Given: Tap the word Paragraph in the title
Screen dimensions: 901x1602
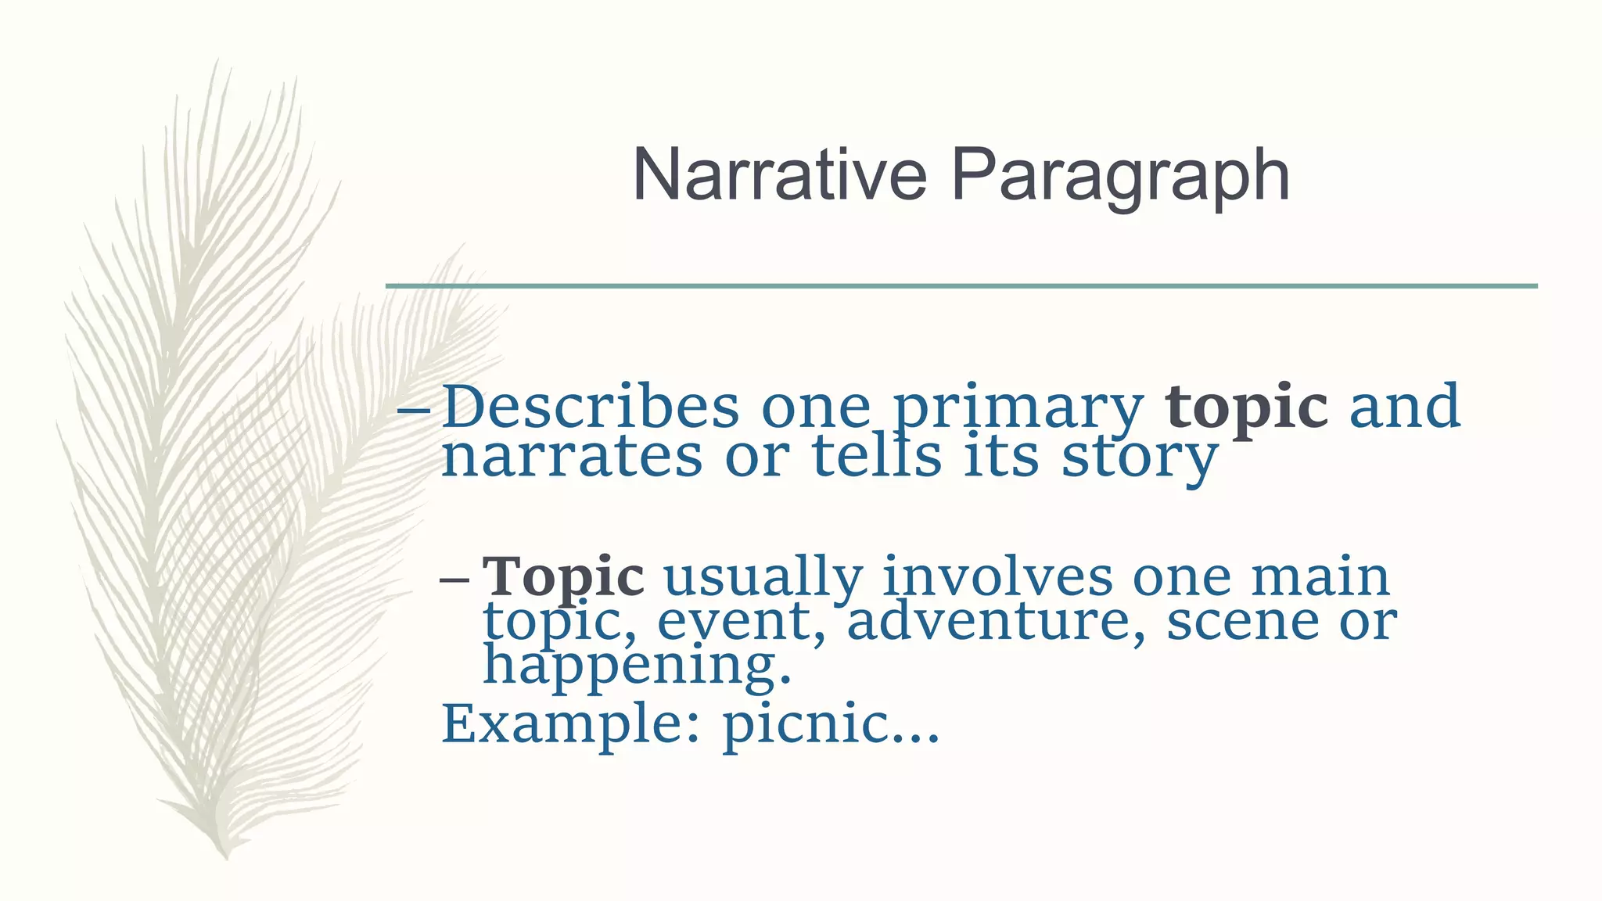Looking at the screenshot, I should point(1119,178).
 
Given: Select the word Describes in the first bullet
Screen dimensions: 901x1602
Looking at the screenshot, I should point(591,407).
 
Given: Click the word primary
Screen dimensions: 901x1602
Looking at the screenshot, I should point(1018,409).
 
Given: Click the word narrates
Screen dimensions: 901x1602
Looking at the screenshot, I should point(572,457).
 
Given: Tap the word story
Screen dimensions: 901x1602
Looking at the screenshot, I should point(1140,458).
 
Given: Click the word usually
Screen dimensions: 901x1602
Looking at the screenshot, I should point(763,579).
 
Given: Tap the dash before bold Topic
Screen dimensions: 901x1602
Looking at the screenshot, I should point(454,580).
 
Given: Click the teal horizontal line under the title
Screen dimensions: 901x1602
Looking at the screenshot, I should point(961,286).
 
